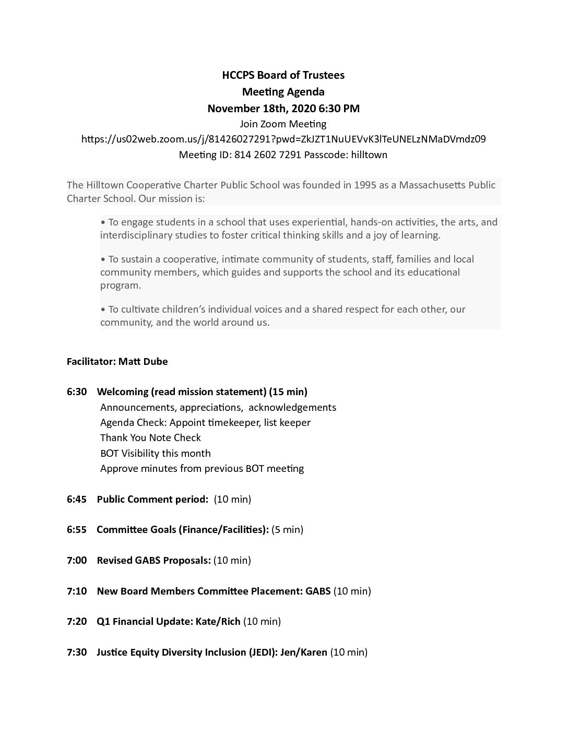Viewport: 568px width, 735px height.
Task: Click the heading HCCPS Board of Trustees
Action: [283, 75]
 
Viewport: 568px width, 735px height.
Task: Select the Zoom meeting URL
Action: [283, 139]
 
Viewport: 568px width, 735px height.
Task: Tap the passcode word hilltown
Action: [369, 155]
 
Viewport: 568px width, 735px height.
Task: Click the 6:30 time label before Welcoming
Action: [77, 392]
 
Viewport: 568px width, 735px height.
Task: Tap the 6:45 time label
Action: [77, 500]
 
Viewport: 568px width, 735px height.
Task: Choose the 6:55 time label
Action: [77, 530]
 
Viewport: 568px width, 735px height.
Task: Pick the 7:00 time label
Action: [77, 561]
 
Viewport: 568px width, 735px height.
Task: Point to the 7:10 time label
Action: [77, 591]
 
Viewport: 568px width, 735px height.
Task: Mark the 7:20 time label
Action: [77, 622]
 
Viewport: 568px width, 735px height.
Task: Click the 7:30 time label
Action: [77, 653]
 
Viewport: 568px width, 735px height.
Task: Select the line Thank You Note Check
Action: [150, 438]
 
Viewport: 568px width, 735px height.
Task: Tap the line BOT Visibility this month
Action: [156, 454]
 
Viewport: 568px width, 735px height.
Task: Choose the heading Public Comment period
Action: [152, 500]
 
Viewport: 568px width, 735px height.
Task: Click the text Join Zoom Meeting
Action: [283, 124]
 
